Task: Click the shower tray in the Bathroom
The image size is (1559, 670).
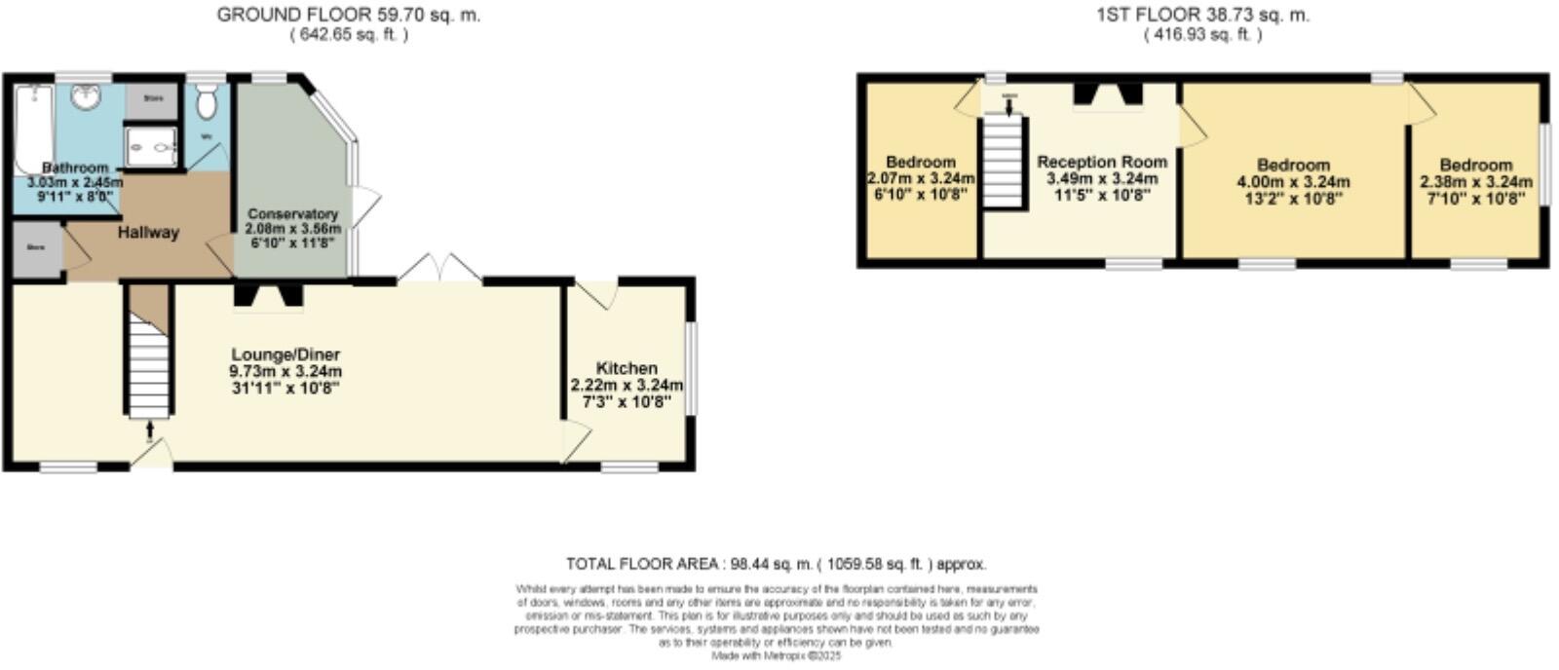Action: coord(152,149)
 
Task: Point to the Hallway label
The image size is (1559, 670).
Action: coord(148,233)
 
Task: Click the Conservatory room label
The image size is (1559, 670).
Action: coord(292,214)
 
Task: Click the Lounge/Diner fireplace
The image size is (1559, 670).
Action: coord(268,295)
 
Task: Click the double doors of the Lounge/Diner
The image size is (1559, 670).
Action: coord(440,270)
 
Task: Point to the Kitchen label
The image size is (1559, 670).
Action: coord(627,368)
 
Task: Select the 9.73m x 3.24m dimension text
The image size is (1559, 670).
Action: coord(285,371)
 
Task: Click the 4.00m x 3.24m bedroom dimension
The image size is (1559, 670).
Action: coord(1293,182)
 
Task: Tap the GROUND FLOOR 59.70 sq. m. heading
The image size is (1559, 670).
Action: coord(349,15)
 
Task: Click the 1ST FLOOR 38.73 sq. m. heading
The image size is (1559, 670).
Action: coord(1202,15)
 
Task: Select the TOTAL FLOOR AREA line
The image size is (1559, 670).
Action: coord(776,564)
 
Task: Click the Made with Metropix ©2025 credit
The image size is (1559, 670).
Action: coord(777,656)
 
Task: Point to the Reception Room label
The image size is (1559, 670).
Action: coord(1102,163)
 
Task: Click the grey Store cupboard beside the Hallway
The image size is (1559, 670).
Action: coord(37,247)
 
